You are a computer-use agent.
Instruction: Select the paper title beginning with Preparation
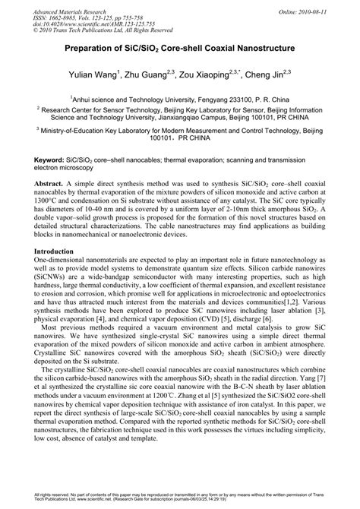[x=180, y=48]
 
